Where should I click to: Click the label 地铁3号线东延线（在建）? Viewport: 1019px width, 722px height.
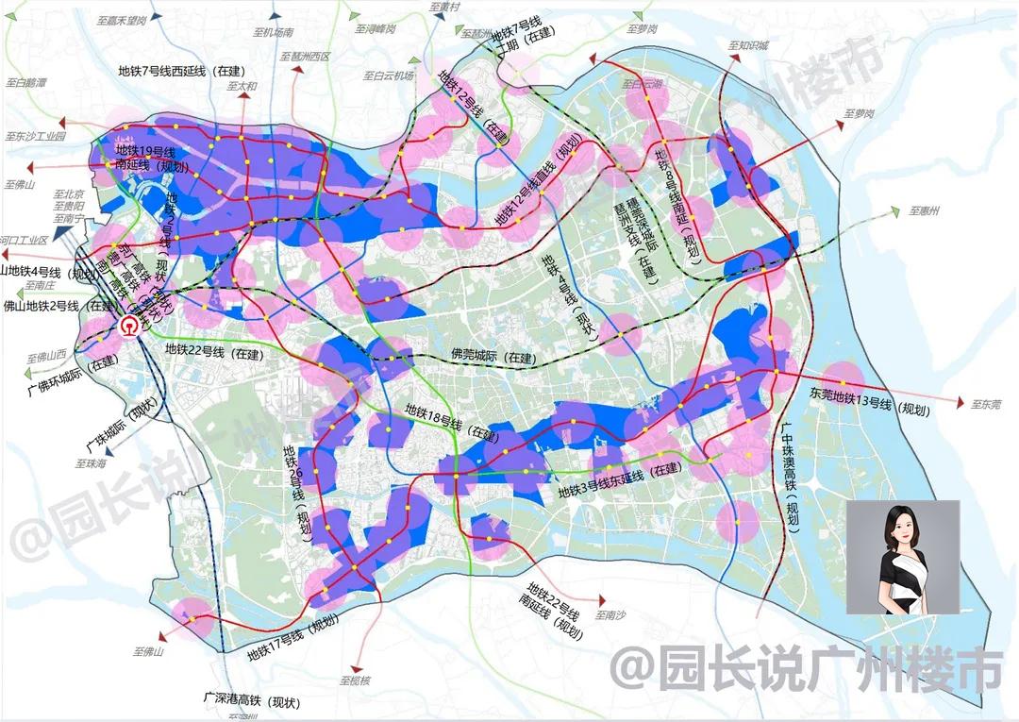pyautogui.click(x=619, y=491)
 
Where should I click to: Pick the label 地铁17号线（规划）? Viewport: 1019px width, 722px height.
pyautogui.click(x=292, y=648)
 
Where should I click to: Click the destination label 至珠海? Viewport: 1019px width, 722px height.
pyautogui.click(x=92, y=464)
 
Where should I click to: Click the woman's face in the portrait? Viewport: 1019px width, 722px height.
pyautogui.click(x=901, y=531)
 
